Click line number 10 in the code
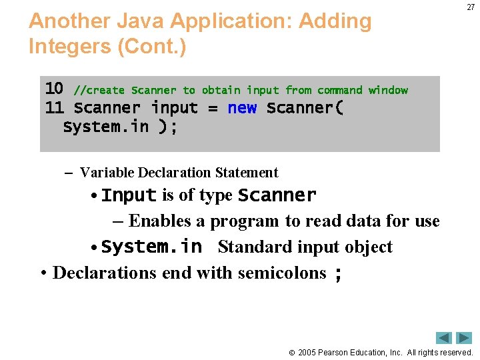click(x=54, y=89)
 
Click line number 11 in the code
click(x=54, y=107)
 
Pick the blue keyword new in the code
click(x=242, y=108)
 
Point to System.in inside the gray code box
click(x=106, y=127)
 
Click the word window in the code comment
click(x=388, y=90)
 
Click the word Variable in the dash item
click(x=107, y=173)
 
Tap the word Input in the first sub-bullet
click(x=129, y=195)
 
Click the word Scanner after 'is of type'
click(x=277, y=195)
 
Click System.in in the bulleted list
click(x=151, y=247)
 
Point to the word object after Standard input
click(x=365, y=247)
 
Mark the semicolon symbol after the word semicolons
click(x=338, y=273)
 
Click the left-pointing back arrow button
click(x=444, y=337)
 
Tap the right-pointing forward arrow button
click(x=464, y=337)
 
